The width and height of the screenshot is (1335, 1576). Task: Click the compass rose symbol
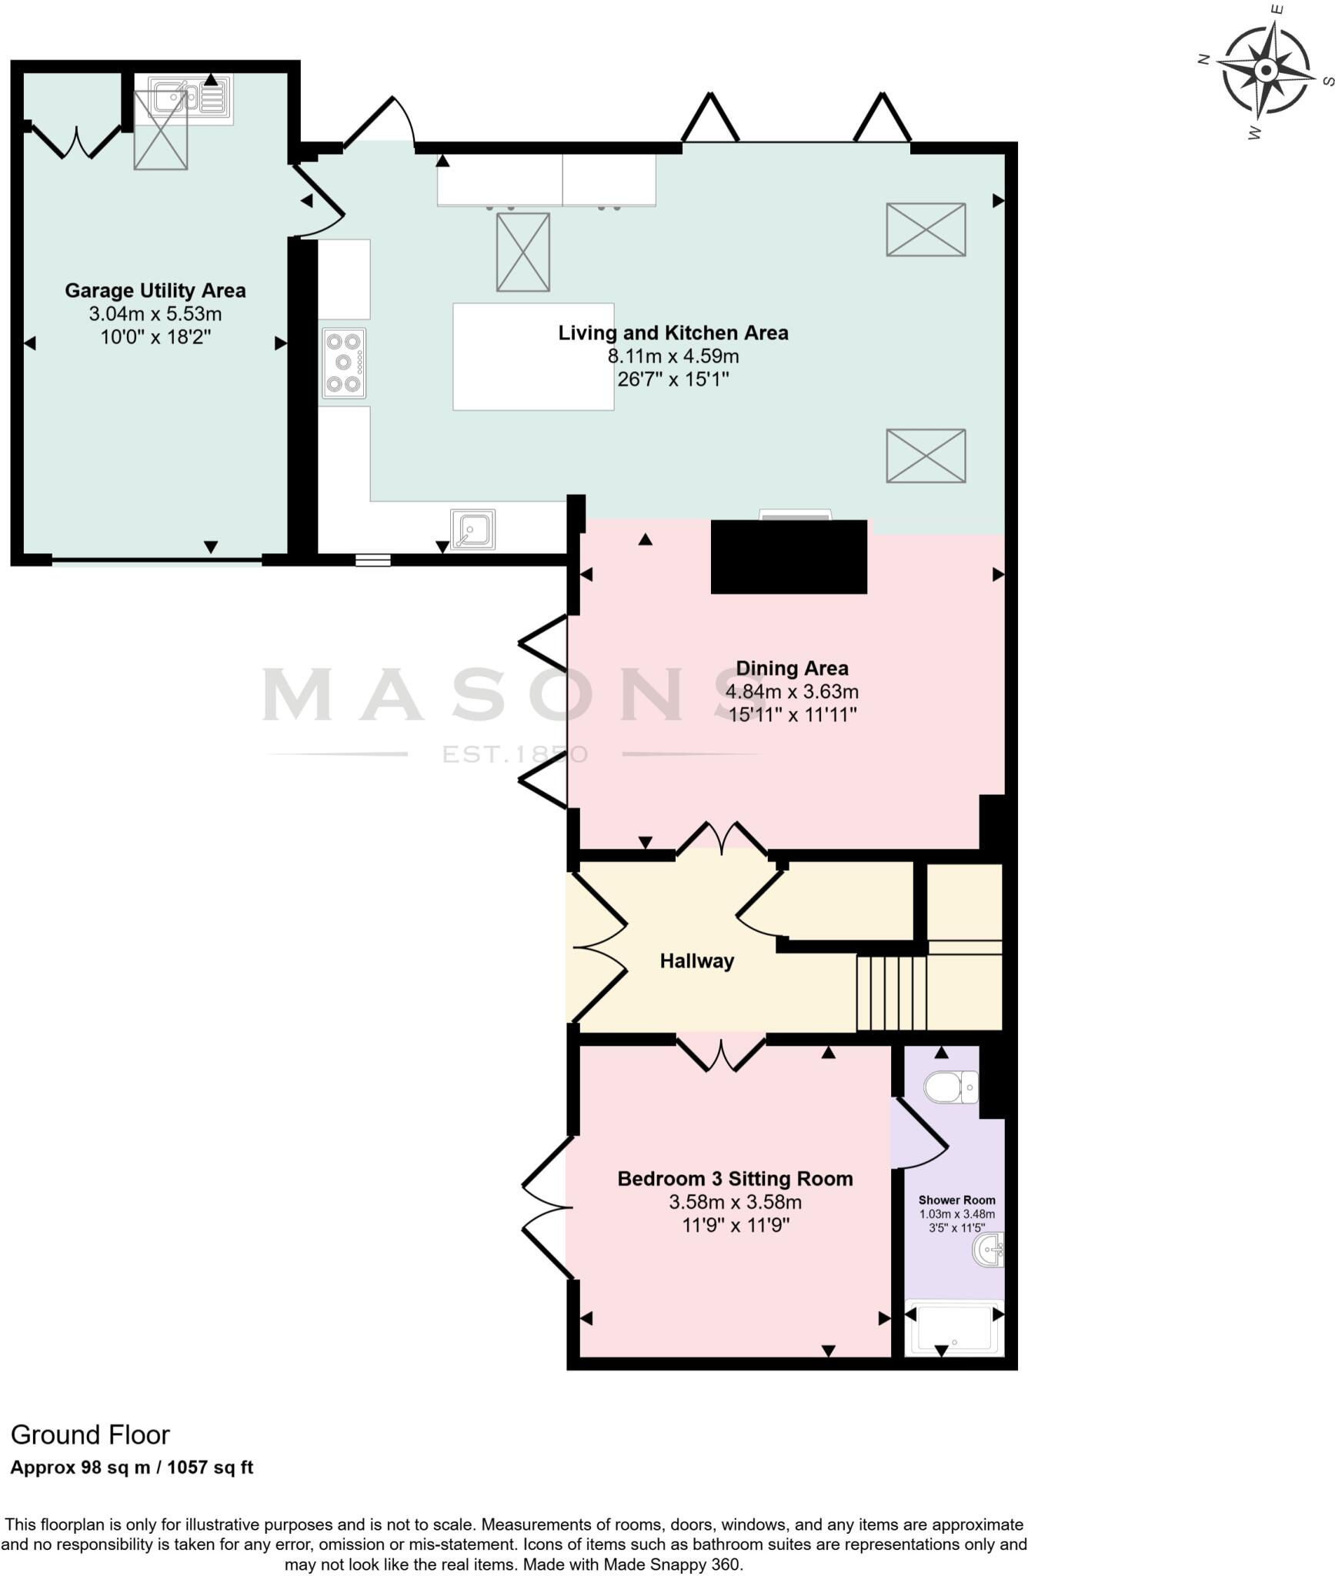1265,72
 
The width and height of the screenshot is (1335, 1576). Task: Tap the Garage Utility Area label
155,291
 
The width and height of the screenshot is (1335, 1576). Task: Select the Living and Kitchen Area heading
673,333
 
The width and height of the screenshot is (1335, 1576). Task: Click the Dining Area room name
792,668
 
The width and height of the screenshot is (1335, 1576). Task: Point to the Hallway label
696,961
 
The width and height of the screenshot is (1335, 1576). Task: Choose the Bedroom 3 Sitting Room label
735,1179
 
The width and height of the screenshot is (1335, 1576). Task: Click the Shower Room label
956,1200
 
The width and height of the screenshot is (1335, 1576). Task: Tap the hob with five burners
344,363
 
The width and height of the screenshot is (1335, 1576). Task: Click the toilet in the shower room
951,1087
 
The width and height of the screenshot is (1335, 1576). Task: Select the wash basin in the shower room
988,1250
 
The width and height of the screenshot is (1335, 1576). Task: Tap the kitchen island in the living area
533,356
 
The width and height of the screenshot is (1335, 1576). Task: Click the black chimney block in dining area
789,556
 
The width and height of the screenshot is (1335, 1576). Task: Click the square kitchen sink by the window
472,529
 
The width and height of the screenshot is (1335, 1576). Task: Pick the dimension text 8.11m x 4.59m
673,356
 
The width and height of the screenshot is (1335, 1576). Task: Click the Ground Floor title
90,1435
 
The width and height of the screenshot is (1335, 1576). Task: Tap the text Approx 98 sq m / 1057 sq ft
132,1467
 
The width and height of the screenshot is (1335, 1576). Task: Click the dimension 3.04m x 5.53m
155,314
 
